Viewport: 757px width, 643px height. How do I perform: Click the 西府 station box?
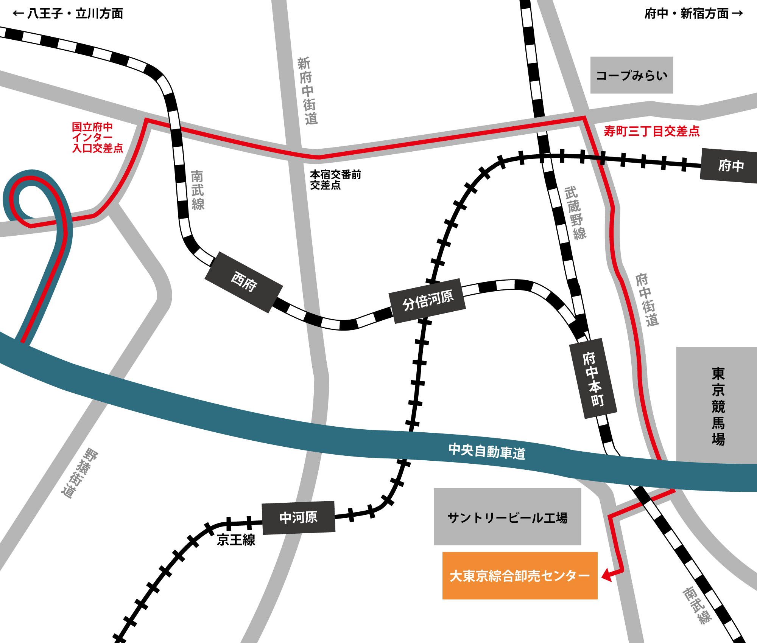(244, 282)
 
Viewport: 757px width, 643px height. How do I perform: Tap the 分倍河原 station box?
(428, 301)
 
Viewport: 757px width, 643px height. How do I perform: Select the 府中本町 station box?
(593, 379)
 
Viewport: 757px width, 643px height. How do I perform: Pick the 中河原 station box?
(299, 517)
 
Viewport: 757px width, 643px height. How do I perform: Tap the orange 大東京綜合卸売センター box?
(520, 576)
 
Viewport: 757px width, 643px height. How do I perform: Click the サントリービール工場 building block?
(507, 517)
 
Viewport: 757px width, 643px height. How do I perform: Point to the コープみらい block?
(631, 75)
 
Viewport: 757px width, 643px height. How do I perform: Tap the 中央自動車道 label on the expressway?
(487, 452)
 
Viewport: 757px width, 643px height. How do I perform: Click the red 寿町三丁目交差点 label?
(651, 131)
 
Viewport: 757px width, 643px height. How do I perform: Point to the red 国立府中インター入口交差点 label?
(97, 137)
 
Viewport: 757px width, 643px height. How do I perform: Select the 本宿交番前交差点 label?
(335, 180)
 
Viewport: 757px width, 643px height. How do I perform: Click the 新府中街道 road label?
(307, 91)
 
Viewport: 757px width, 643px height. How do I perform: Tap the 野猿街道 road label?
(79, 473)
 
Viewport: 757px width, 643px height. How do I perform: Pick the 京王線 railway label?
(236, 540)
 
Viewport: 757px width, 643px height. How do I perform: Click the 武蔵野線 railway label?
(575, 213)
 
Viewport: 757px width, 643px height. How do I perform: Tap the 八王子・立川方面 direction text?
(68, 14)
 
